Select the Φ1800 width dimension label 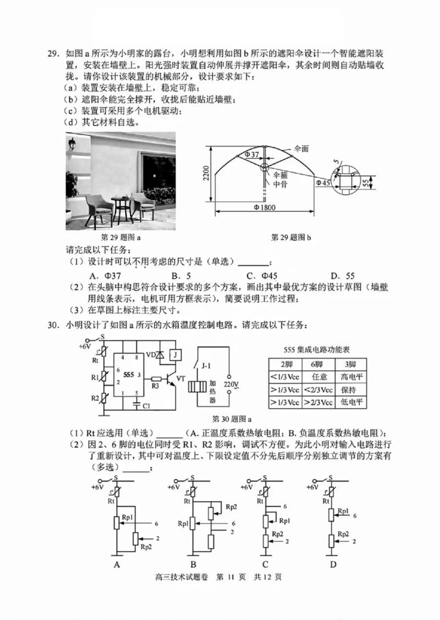tap(264, 207)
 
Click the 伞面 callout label tap(301, 149)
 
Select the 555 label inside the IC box tap(129, 374)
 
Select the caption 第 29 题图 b tap(291, 237)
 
